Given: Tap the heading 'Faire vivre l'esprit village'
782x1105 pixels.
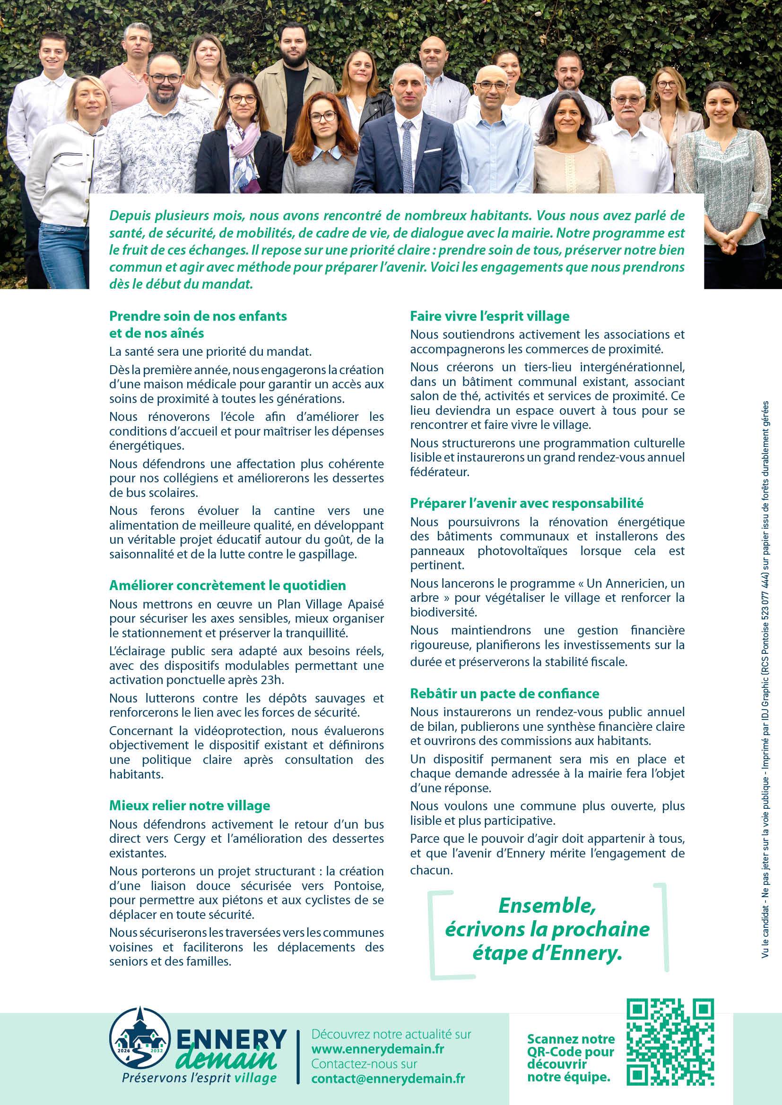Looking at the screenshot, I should [490, 316].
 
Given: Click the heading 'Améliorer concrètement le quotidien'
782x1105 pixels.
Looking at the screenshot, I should [227, 585].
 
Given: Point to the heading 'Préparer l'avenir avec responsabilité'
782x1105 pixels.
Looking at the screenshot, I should [527, 504].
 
